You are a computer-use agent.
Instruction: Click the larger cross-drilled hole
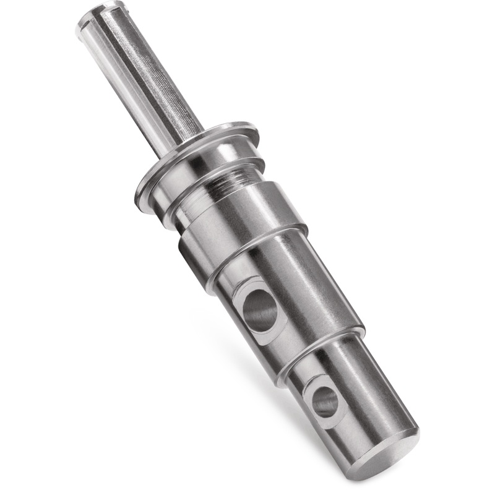pyautogui.click(x=260, y=310)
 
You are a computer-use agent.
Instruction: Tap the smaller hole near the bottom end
pyautogui.click(x=325, y=402)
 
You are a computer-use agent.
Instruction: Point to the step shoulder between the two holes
pyautogui.click(x=322, y=346)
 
